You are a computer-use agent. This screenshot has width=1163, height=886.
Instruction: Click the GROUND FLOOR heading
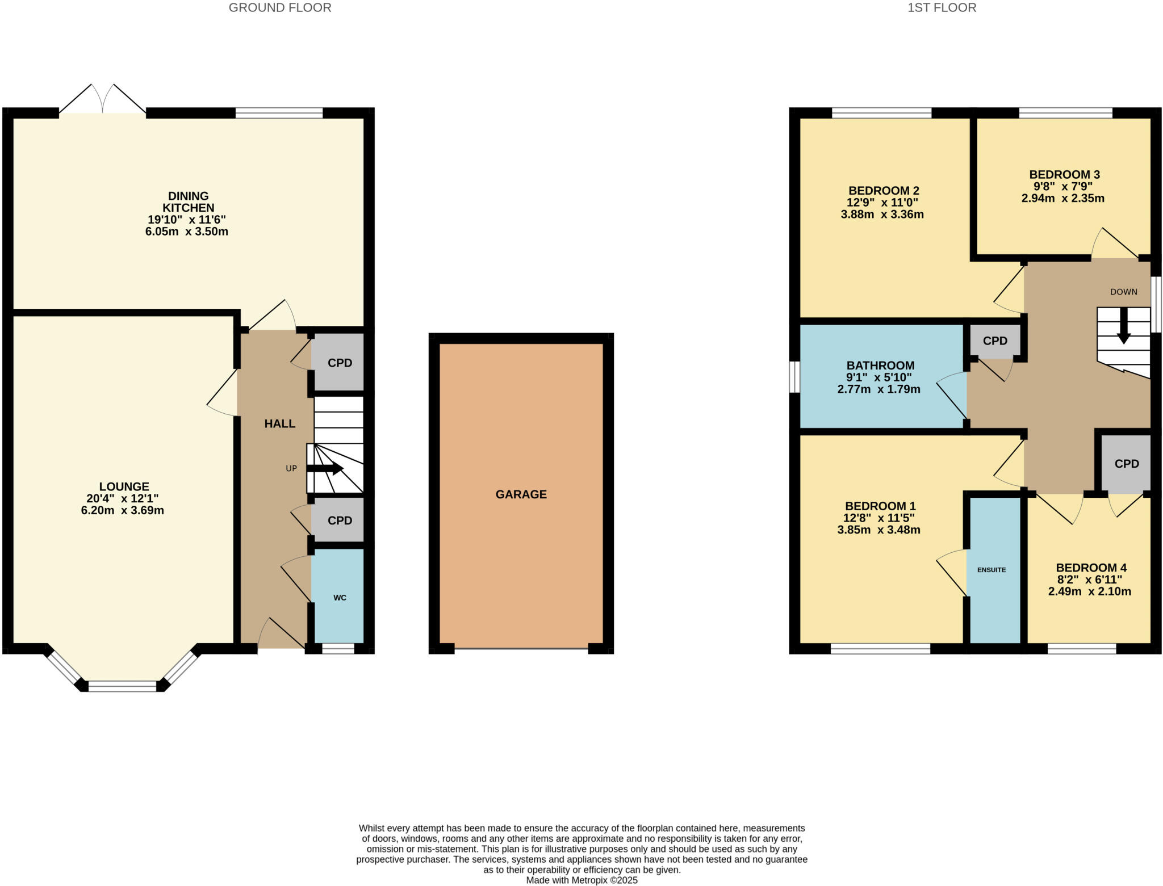tap(280, 8)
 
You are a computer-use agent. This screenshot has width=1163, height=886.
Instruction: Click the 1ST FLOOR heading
tap(942, 8)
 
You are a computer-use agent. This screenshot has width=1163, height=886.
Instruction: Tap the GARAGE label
tap(521, 494)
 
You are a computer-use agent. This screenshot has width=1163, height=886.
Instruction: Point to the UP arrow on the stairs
tap(325, 469)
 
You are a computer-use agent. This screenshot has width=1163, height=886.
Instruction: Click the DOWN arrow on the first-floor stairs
tap(1123, 333)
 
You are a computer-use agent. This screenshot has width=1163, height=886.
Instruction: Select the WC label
tap(340, 598)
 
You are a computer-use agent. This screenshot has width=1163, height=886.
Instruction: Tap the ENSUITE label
tap(992, 570)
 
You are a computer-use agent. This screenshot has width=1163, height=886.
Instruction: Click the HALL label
tap(280, 423)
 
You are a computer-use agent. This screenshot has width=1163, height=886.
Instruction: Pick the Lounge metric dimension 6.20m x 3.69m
tap(123, 510)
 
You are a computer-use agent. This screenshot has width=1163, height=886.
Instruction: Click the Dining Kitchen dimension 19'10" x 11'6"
tap(187, 220)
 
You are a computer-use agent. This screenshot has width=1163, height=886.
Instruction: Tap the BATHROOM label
tap(881, 366)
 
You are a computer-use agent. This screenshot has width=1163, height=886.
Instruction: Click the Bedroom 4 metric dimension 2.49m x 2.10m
tap(1090, 591)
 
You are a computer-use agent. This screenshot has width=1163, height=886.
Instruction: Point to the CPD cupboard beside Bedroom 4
tap(1127, 464)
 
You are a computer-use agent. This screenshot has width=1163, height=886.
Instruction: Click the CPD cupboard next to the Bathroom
tap(995, 341)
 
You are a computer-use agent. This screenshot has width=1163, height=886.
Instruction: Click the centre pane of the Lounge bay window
tap(122, 686)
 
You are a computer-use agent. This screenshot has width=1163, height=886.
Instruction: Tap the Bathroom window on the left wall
tap(795, 377)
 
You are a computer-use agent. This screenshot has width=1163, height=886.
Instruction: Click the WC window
tap(338, 649)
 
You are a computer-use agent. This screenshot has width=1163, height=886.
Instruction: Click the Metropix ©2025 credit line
tap(582, 880)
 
